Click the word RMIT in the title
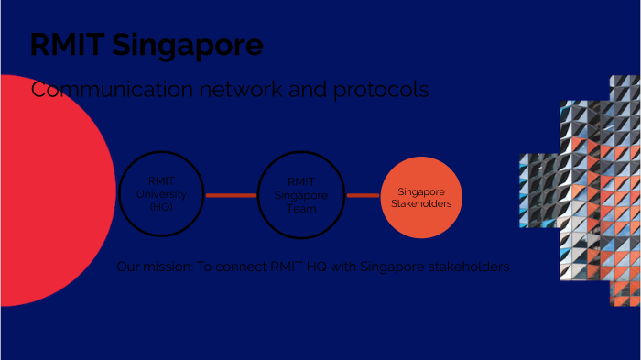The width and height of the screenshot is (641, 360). pos(65,45)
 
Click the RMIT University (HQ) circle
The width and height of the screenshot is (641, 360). pos(160,194)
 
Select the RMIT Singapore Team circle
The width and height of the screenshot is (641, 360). pos(300,194)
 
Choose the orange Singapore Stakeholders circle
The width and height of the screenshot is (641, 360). pos(421,198)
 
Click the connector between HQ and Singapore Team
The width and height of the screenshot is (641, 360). pos(230,195)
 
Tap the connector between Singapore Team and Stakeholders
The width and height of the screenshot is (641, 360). pos(363,195)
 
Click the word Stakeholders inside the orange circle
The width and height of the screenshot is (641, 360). pos(421,203)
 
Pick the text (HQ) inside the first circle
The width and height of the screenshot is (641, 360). pos(160,208)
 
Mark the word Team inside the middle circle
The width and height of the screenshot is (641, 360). pos(300,209)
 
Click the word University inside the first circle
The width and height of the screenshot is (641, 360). pos(160,194)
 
